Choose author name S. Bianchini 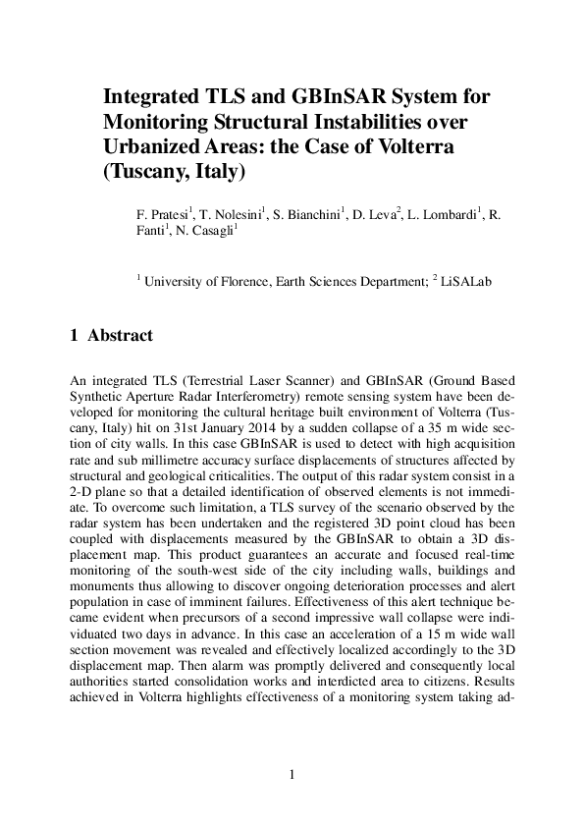pyautogui.click(x=307, y=213)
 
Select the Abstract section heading pyautogui.click(x=120, y=336)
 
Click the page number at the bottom pyautogui.click(x=292, y=776)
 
